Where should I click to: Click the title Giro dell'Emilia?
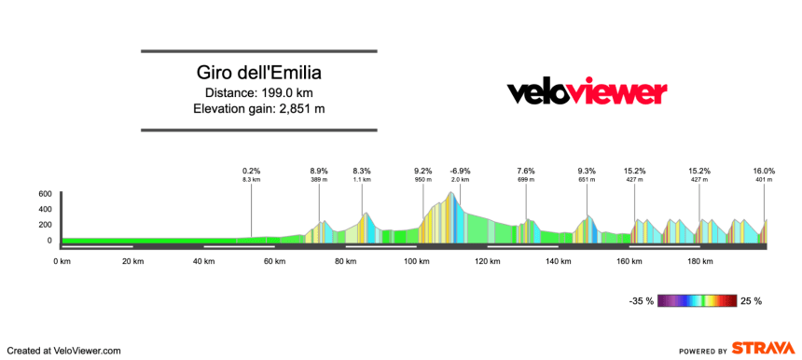pyautogui.click(x=258, y=73)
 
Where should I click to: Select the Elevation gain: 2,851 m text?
pyautogui.click(x=258, y=109)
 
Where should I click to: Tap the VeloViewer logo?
pyautogui.click(x=587, y=92)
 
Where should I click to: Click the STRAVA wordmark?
pyautogui.click(x=763, y=348)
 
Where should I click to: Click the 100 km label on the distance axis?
pyautogui.click(x=416, y=261)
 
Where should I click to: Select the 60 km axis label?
pyautogui.click(x=274, y=261)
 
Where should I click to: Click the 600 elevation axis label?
pyautogui.click(x=45, y=194)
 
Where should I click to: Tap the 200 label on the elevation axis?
pyautogui.click(x=45, y=225)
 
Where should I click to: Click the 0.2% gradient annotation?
pyautogui.click(x=251, y=171)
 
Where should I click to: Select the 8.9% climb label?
pyautogui.click(x=319, y=171)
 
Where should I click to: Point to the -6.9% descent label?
pyautogui.click(x=460, y=171)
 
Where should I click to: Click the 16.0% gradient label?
pyautogui.click(x=764, y=171)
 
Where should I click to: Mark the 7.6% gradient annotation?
pyautogui.click(x=525, y=171)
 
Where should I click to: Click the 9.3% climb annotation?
pyautogui.click(x=587, y=171)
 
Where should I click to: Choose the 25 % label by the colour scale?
pyautogui.click(x=752, y=301)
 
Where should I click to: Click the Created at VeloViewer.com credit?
pyautogui.click(x=63, y=350)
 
